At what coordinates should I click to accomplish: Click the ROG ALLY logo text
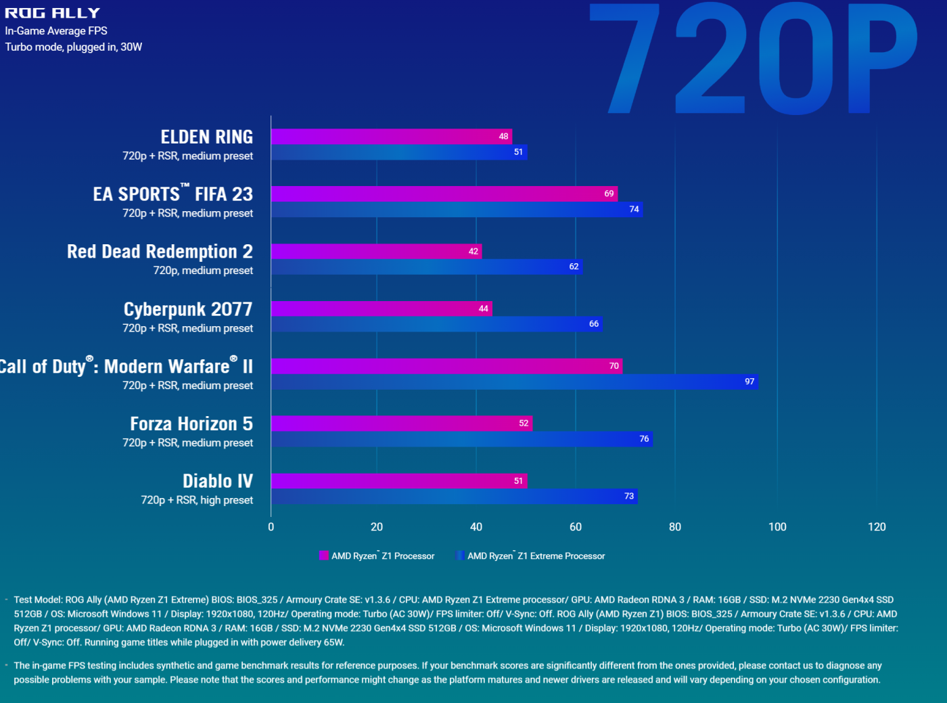(52, 13)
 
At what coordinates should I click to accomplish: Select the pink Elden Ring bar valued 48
(391, 137)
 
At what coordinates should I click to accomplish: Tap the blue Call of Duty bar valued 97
(514, 382)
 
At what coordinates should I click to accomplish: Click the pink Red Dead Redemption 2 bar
(376, 252)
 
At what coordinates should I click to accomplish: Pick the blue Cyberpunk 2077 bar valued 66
(436, 324)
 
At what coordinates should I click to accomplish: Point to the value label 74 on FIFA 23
(634, 210)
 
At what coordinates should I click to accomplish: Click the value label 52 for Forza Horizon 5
(524, 424)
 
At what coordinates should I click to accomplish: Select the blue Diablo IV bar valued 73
(454, 497)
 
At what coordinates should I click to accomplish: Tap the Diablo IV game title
(217, 481)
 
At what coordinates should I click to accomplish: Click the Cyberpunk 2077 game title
(187, 309)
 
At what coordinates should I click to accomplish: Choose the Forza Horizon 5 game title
(191, 424)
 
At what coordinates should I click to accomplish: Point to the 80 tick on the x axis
(674, 527)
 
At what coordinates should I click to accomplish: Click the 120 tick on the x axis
(877, 527)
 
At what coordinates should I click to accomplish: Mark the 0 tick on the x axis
(271, 527)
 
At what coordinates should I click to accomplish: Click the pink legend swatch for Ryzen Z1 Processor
(323, 555)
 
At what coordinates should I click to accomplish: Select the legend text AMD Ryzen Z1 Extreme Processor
(536, 556)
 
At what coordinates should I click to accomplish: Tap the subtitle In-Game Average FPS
(56, 31)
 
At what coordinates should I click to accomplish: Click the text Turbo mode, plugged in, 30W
(73, 47)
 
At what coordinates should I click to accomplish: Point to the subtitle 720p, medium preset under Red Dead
(203, 271)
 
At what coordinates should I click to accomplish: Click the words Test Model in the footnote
(38, 600)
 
